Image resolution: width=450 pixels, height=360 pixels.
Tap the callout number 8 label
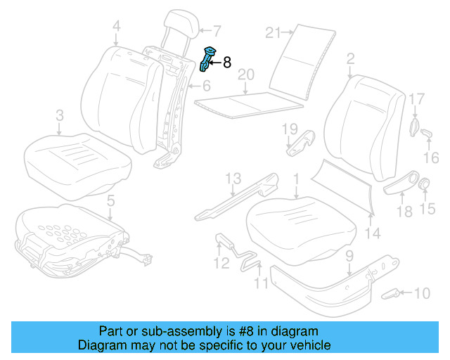tap(226, 63)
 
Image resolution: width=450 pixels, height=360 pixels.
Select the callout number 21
tap(274, 32)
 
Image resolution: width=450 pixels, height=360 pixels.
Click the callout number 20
tap(245, 75)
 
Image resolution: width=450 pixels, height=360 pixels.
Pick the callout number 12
tap(221, 264)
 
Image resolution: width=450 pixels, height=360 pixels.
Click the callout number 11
tap(262, 283)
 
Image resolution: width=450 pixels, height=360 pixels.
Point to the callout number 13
tap(233, 179)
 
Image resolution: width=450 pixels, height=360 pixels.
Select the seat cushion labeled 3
tap(77, 155)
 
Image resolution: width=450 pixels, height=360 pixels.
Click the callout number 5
tap(110, 202)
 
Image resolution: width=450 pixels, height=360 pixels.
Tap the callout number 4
tap(116, 27)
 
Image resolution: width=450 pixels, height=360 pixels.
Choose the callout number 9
tap(349, 257)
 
